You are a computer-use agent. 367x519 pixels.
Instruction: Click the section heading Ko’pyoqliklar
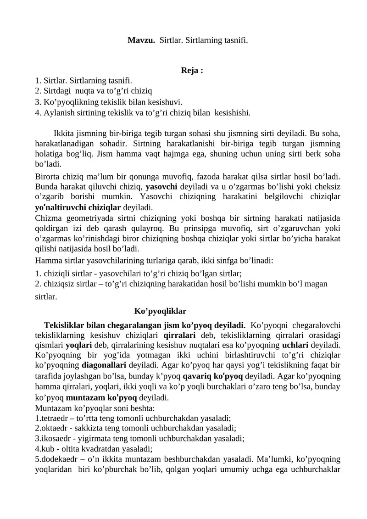160,311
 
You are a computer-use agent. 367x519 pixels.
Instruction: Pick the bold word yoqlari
78,345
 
